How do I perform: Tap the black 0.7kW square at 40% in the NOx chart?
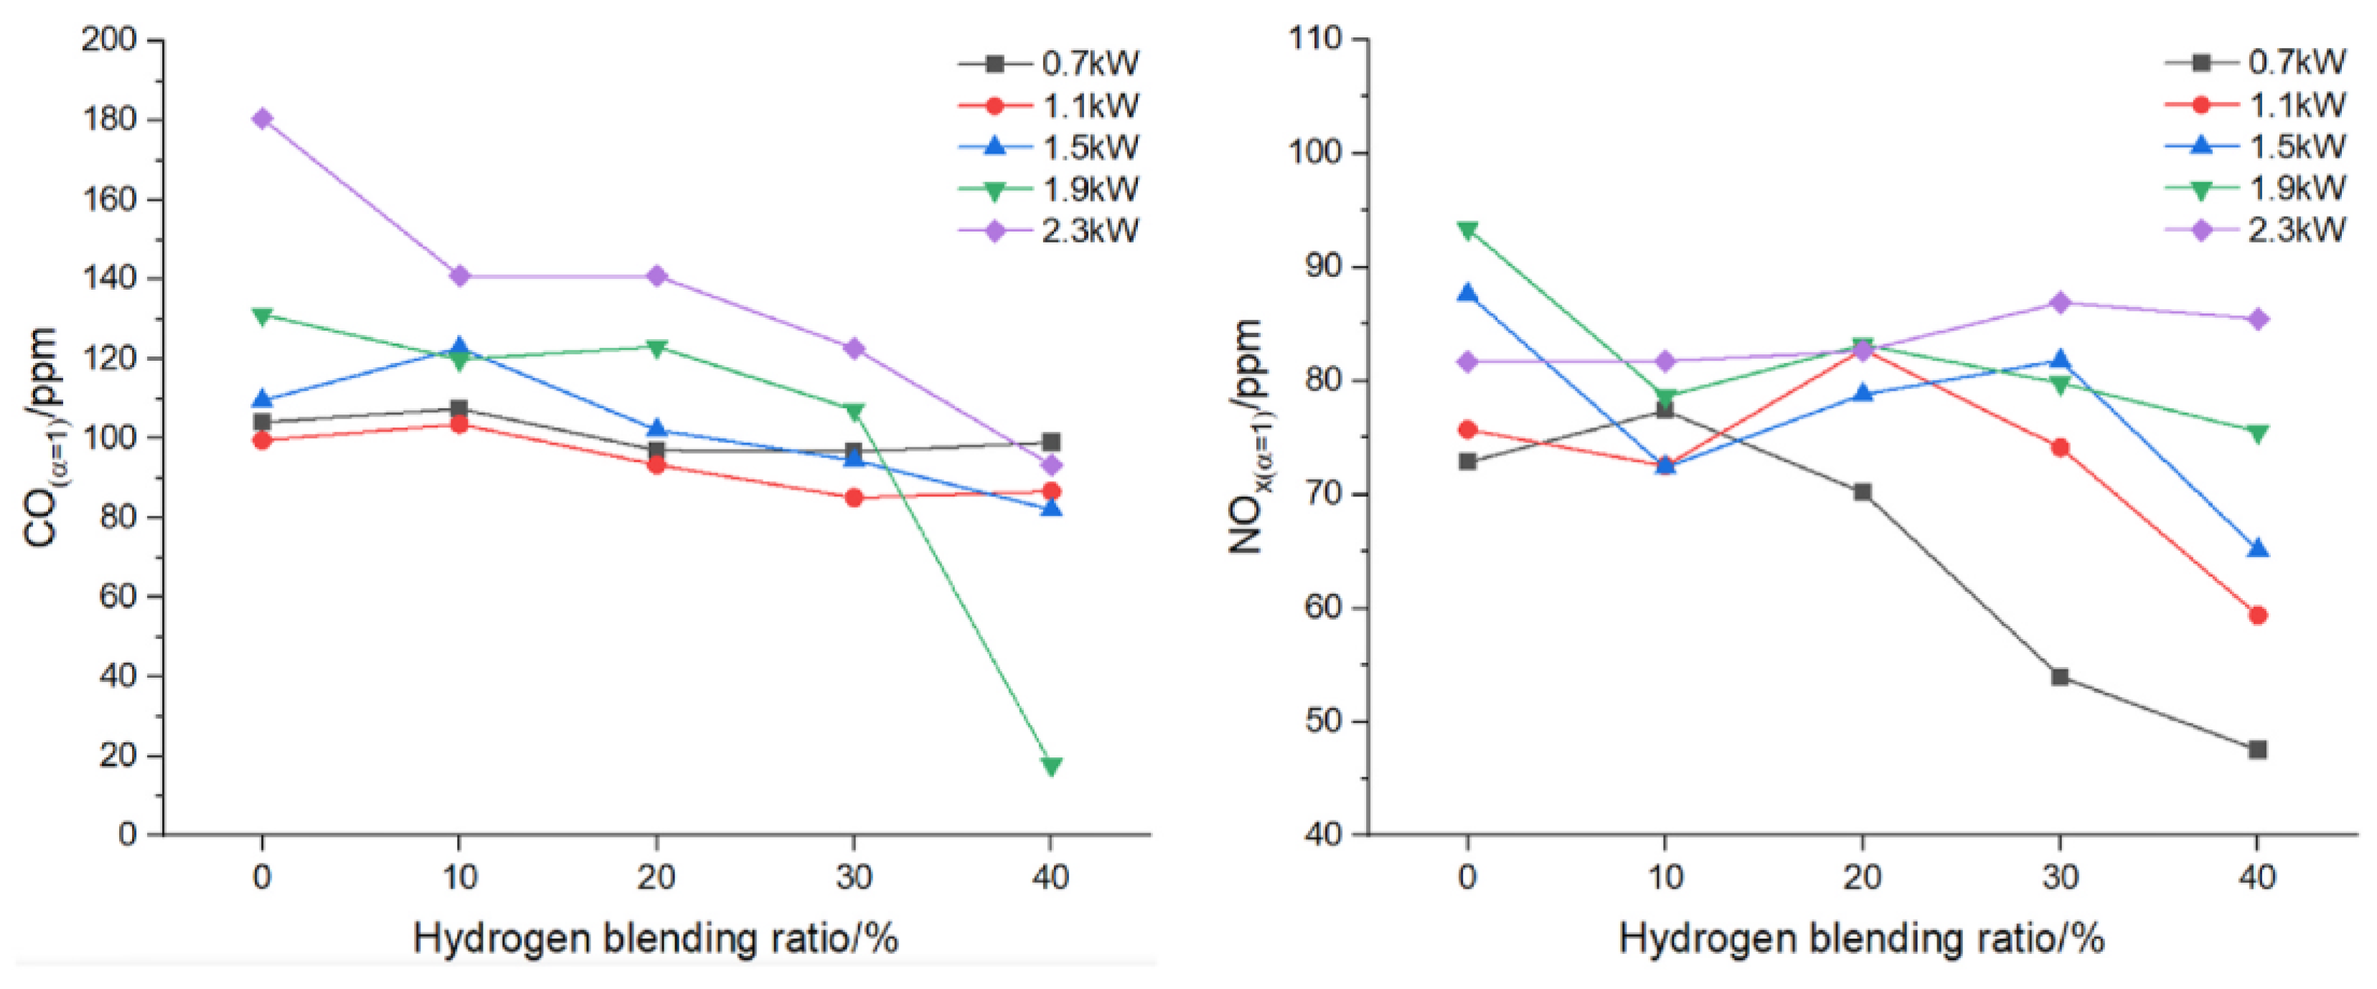(2257, 749)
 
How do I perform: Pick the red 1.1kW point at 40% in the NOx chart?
(2257, 615)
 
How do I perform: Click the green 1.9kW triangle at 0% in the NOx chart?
(1467, 229)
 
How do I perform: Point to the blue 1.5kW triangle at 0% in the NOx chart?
(1467, 294)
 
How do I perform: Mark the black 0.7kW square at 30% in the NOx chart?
(2060, 677)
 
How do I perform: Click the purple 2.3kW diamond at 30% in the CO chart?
(854, 348)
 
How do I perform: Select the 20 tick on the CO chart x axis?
(656, 876)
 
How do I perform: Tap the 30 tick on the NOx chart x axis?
(2060, 876)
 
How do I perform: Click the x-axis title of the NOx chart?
(1861, 940)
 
